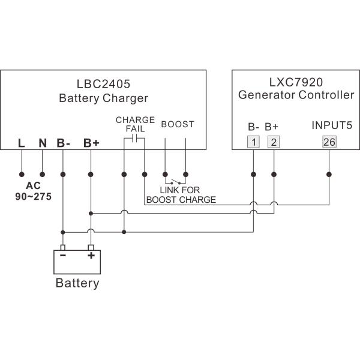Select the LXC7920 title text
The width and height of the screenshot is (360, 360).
(x=296, y=80)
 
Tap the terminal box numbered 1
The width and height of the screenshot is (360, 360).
(x=254, y=142)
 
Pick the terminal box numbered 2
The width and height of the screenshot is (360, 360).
(x=273, y=142)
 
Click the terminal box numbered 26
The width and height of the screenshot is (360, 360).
(x=329, y=142)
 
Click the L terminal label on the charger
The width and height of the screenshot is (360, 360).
(x=22, y=143)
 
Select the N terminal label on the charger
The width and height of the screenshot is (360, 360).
(x=42, y=143)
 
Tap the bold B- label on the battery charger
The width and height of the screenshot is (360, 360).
(x=64, y=143)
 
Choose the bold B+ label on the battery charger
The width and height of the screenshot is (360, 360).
(x=91, y=143)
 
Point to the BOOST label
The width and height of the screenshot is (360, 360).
(x=178, y=125)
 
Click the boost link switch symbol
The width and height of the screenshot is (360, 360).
(x=175, y=182)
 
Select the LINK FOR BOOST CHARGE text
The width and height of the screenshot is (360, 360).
(x=181, y=195)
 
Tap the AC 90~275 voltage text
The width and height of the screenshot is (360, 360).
(x=33, y=191)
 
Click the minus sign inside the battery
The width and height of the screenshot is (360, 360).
(x=63, y=255)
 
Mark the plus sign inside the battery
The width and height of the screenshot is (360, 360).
(x=91, y=255)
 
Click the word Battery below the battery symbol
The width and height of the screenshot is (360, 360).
(x=77, y=283)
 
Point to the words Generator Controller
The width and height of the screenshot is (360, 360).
(x=296, y=95)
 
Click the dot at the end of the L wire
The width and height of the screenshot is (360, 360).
(x=22, y=175)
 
